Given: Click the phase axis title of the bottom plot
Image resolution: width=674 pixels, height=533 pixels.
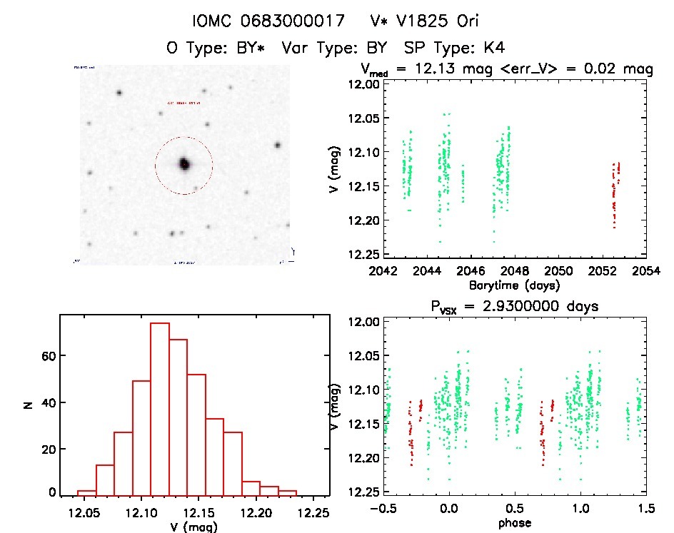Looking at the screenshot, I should [514, 523].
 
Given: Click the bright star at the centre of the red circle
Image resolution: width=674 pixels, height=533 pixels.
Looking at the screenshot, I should [184, 164].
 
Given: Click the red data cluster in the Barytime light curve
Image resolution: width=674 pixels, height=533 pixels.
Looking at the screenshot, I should [615, 193].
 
